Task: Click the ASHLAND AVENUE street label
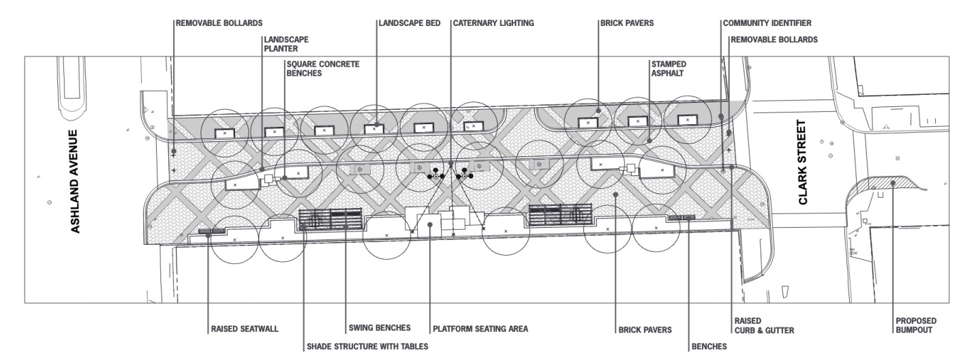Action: (76, 181)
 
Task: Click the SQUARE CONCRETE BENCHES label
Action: (323, 67)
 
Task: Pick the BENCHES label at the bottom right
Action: (709, 346)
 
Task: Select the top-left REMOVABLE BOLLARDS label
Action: (209, 23)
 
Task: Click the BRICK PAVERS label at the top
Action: (627, 23)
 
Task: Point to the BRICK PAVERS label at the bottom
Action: (645, 329)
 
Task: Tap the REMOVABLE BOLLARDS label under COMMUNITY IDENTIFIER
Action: (774, 40)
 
